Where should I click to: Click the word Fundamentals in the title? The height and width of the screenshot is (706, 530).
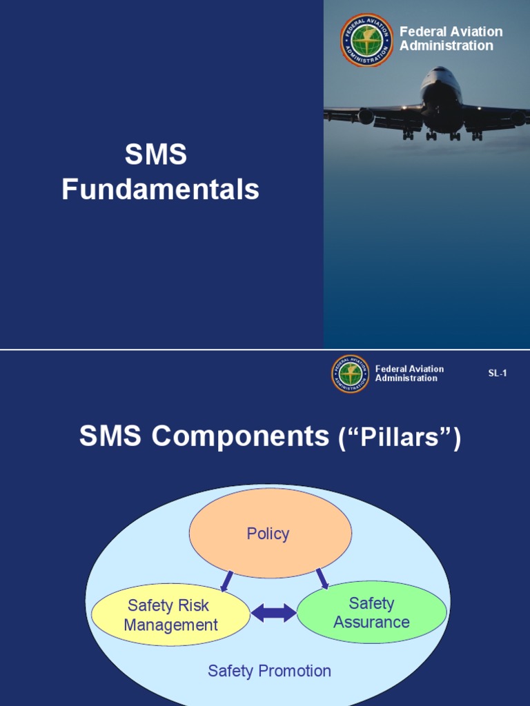click(x=160, y=190)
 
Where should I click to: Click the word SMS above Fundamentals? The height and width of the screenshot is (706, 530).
click(x=155, y=154)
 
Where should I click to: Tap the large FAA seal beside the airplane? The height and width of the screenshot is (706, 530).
click(x=366, y=40)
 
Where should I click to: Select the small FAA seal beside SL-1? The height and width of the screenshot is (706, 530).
click(x=351, y=374)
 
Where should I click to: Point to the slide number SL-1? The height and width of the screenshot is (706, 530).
click(x=498, y=373)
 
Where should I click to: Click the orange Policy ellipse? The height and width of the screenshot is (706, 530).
click(x=270, y=533)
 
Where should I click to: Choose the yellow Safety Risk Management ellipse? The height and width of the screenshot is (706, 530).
click(x=170, y=615)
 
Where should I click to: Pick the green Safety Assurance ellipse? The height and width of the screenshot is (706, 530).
click(x=371, y=612)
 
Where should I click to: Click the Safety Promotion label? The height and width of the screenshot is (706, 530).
click(x=269, y=670)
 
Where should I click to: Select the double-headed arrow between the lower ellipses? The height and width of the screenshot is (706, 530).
click(x=273, y=613)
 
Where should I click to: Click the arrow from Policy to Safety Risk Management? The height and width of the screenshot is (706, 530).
click(x=226, y=581)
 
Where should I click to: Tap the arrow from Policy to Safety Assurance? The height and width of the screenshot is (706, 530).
click(x=322, y=578)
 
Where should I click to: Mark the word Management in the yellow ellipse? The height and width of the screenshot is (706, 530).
click(x=170, y=625)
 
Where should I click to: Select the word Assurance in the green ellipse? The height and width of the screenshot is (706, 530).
click(x=371, y=622)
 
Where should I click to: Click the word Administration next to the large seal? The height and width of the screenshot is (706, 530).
click(x=446, y=46)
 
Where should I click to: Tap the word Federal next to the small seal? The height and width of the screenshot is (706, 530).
click(x=391, y=369)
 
